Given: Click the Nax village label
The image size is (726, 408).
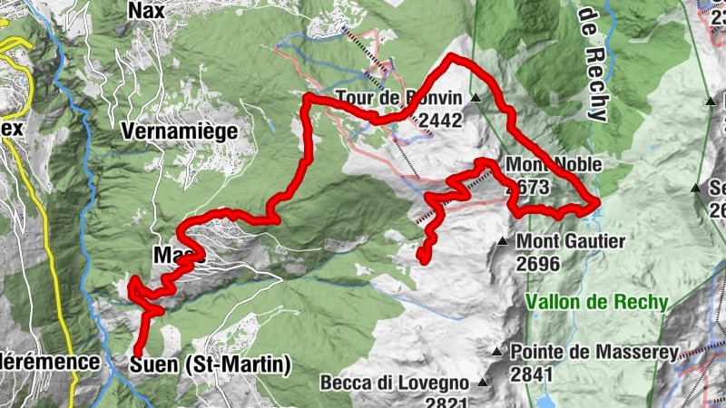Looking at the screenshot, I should pos(147,10).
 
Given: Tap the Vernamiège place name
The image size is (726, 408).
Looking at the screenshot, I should pos(180,131).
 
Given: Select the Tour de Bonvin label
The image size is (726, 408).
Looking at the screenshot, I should pos(399,98).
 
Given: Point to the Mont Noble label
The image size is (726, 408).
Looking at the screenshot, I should pos(554,165).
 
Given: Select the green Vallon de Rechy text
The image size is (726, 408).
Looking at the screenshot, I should pos(597,302).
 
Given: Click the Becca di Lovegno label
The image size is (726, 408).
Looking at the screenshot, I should pos(395,383).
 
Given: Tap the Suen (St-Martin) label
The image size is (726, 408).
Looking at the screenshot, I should pos(211,365).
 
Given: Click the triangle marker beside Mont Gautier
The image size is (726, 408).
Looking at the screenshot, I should pos(502,242).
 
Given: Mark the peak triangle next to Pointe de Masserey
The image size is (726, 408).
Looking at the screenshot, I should pos(496,352).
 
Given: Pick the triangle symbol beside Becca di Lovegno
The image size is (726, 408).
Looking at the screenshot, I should pos(483,383).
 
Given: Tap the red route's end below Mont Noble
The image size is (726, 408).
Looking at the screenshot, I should pos(423,259).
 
